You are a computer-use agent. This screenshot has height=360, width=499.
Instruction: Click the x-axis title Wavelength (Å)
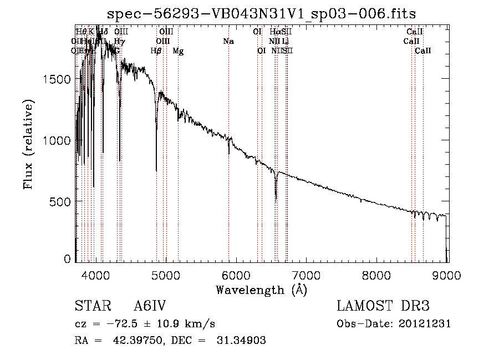(x=261, y=290)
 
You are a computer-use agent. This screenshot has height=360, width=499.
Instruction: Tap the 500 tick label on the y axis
(x=60, y=201)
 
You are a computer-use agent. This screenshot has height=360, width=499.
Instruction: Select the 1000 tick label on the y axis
(x=57, y=140)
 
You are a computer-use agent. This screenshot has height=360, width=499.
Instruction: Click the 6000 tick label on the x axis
(x=237, y=276)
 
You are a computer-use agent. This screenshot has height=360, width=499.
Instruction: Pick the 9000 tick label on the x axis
(x=447, y=276)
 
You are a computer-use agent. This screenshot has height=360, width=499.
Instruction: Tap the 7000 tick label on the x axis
(x=307, y=276)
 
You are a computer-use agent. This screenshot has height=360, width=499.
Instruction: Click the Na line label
(x=228, y=41)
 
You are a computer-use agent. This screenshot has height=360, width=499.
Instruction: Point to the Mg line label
(x=178, y=51)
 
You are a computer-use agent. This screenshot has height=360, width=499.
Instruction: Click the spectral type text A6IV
(x=150, y=307)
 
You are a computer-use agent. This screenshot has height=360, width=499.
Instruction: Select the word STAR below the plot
(x=90, y=307)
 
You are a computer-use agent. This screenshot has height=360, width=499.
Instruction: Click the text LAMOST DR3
(x=383, y=307)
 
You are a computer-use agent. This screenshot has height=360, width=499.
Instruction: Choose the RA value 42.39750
(x=141, y=341)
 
